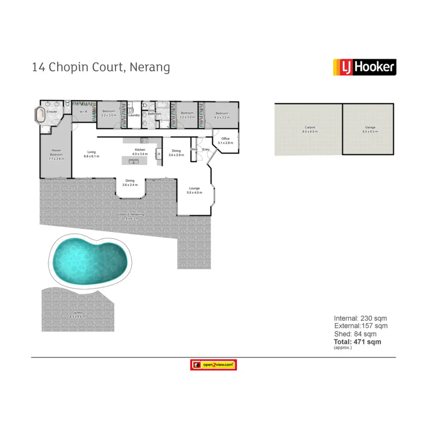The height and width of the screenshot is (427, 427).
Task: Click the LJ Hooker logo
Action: coord(364,67)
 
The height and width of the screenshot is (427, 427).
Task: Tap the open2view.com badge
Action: coord(213,365)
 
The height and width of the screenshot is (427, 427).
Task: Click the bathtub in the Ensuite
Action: coord(40,115)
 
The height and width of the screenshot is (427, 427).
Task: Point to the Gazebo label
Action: coord(77,313)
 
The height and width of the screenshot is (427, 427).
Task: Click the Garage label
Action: coord(370,127)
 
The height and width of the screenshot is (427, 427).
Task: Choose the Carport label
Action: coord(310,127)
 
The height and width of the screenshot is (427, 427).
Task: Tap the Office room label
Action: coord(225,139)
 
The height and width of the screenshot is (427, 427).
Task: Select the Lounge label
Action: coord(194,189)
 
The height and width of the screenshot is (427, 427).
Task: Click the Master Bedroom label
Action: coord(56,153)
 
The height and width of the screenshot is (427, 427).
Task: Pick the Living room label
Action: coord(91,152)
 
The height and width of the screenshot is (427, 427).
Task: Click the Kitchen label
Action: coord(140,150)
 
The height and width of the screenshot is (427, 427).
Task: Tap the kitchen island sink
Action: coord(134,162)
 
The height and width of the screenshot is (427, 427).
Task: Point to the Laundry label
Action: coord(134,115)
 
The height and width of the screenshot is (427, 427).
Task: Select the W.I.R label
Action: coord(83,112)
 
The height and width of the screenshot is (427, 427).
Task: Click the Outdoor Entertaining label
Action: coord(130,215)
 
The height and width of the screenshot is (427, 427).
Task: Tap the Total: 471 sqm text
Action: coord(357,342)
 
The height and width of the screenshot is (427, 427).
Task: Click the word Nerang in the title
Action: coord(150,67)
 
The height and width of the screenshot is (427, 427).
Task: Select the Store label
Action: coord(194,149)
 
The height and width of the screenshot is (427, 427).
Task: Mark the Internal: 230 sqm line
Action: coord(360,318)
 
